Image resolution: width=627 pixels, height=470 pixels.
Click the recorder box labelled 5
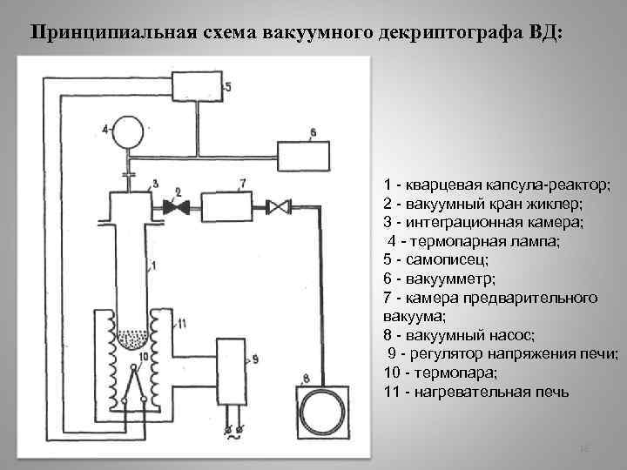(198, 86)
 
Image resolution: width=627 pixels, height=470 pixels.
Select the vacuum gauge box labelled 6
(303, 156)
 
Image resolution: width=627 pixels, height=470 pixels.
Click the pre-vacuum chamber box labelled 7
(224, 207)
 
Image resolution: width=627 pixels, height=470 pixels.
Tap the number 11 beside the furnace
(182, 324)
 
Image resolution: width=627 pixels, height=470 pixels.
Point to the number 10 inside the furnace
(143, 355)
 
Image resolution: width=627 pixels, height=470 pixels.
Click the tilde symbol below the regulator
(233, 439)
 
